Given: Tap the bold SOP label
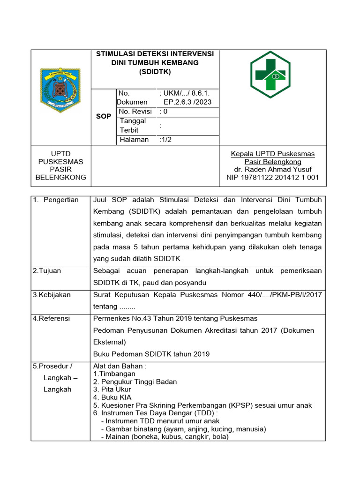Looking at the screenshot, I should point(103,116).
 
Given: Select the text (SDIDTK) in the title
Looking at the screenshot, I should point(155,72).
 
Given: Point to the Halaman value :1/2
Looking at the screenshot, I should point(166,140).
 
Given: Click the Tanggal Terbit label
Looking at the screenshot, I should point(133,126).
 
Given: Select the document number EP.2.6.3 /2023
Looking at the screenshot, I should point(187,102).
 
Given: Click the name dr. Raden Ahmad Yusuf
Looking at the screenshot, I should point(272,169).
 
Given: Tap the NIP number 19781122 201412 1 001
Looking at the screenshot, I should point(272,177).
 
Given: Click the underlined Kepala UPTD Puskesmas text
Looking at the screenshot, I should point(272,154).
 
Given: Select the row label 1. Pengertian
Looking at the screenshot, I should point(56,200).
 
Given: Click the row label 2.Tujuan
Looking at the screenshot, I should point(47,270).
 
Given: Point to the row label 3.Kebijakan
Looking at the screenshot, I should point(52,294).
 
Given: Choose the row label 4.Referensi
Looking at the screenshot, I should point(51,318).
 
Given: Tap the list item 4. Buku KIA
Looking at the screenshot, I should point(112,397).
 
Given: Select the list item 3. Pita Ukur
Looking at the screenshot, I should point(112,389).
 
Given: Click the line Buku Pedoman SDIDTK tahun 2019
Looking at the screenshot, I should point(151,354).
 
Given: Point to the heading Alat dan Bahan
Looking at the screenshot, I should point(120,366).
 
